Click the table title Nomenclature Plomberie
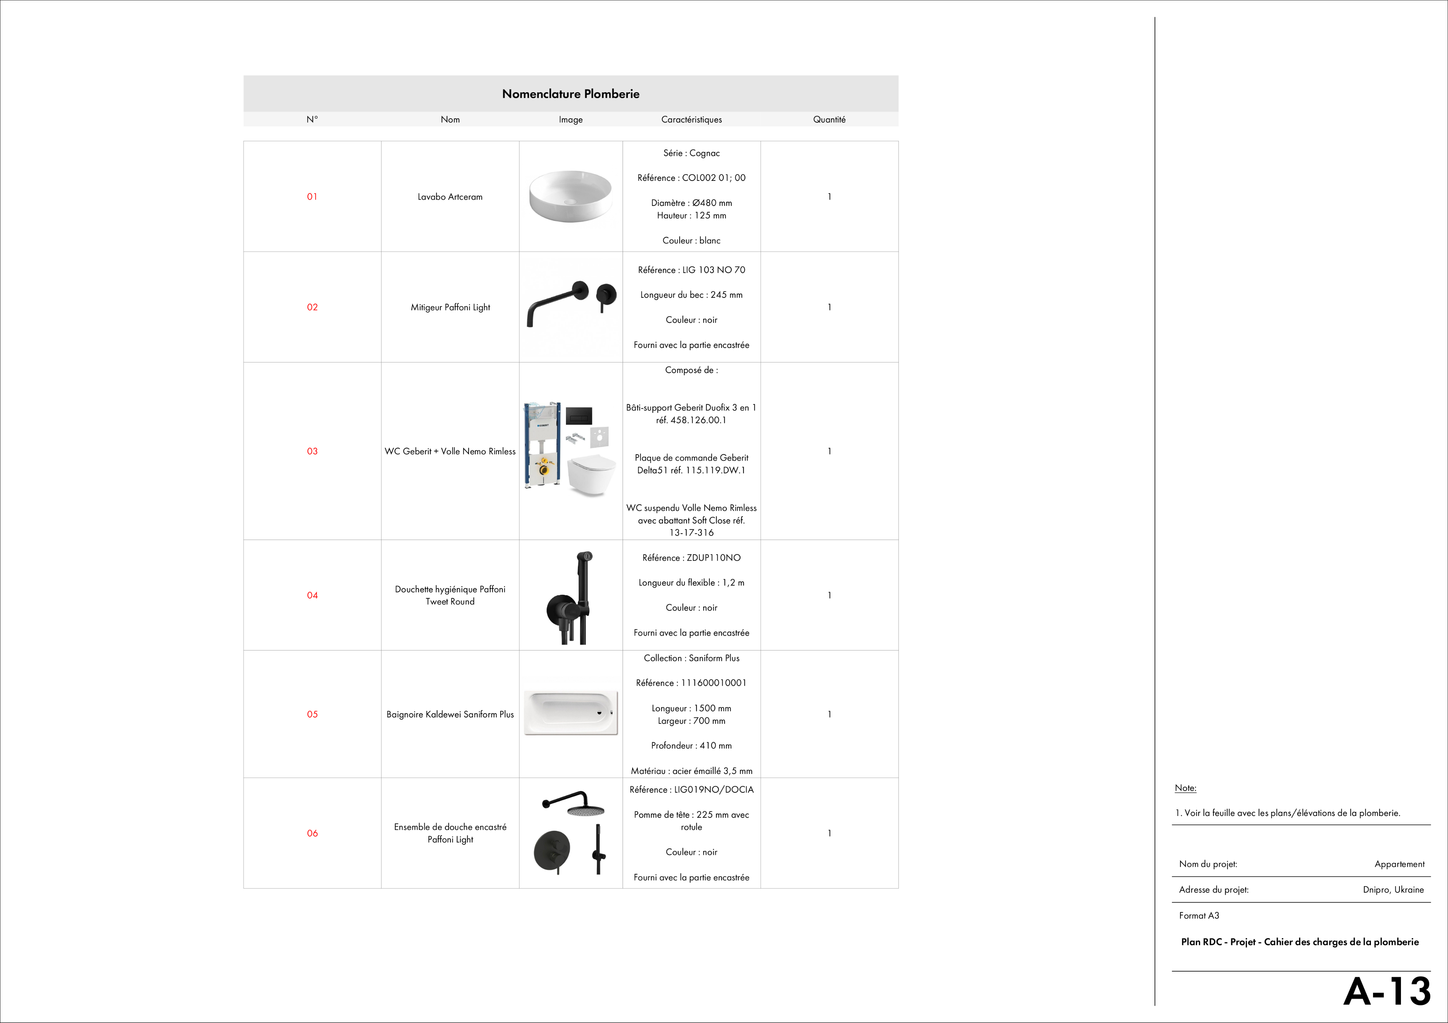pyautogui.click(x=570, y=94)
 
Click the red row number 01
pyautogui.click(x=312, y=197)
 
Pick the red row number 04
pyautogui.click(x=312, y=595)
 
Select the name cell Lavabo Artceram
pyautogui.click(x=450, y=197)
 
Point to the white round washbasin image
pyautogui.click(x=570, y=195)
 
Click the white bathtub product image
pyautogui.click(x=571, y=712)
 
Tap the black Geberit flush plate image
pyautogui.click(x=578, y=416)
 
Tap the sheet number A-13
pyautogui.click(x=1387, y=992)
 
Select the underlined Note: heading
pyautogui.click(x=1185, y=788)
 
